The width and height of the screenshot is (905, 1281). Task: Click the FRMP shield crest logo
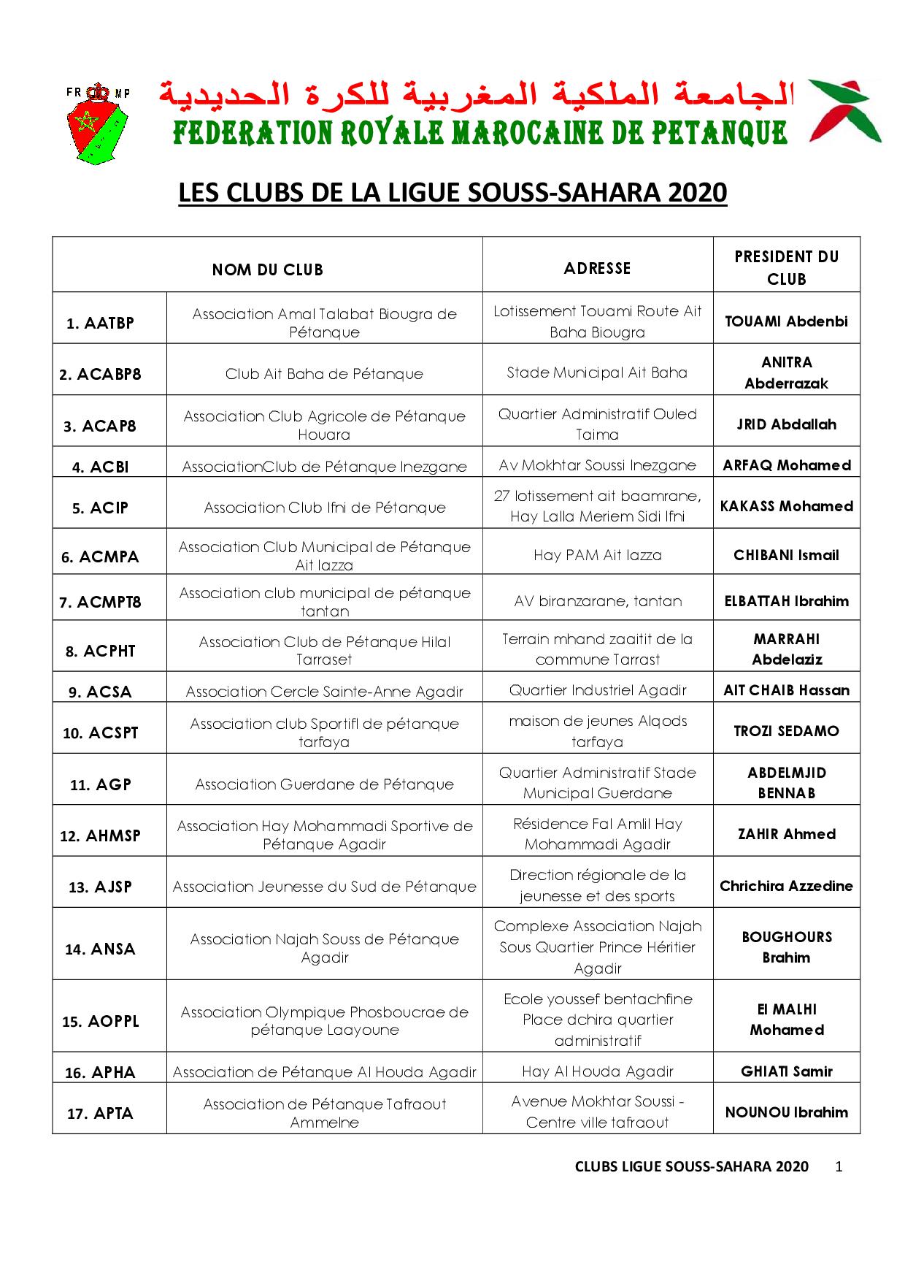[x=97, y=122]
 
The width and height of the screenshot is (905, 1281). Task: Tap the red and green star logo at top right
[x=845, y=111]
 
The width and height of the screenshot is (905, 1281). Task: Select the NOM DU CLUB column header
[x=267, y=269]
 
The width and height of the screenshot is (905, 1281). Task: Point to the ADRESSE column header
[x=597, y=268]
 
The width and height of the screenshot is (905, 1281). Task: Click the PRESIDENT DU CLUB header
[x=786, y=267]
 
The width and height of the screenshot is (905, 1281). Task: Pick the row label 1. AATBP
[x=101, y=323]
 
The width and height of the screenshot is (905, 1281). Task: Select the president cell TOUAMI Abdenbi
[x=786, y=321]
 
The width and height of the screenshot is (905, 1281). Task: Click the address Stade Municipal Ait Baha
[x=597, y=372]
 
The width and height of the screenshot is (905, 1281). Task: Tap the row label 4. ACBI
[x=101, y=467]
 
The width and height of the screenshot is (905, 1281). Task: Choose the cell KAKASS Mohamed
[x=786, y=506]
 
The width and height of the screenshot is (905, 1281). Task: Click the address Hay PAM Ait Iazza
[x=597, y=555]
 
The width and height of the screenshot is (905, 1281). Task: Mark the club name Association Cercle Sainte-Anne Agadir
[x=324, y=691]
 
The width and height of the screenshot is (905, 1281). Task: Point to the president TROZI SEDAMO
[x=786, y=731]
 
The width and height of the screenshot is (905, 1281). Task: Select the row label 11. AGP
[x=101, y=784]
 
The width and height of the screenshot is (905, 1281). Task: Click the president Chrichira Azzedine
[x=786, y=886]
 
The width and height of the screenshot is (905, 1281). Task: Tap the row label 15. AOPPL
[x=101, y=1021]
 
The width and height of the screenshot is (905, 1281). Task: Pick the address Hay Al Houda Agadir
[x=597, y=1071]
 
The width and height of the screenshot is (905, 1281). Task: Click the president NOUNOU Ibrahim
[x=786, y=1112]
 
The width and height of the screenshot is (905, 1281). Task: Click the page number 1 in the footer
[x=839, y=1166]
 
